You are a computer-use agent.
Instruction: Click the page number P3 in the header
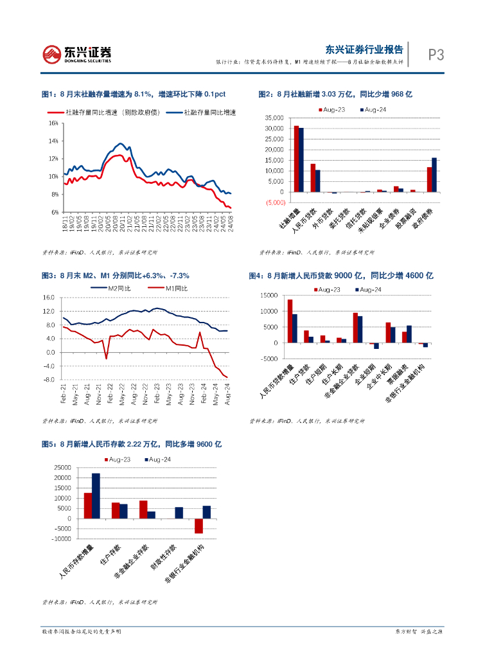coord(436,55)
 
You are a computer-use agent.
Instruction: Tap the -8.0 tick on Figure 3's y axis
coord(48,380)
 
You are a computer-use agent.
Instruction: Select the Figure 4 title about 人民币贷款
coord(341,276)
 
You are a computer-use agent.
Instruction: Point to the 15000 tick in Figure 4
coord(269,296)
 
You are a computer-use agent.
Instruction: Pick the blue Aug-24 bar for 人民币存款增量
coord(96,495)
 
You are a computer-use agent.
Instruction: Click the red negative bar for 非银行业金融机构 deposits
coord(198,526)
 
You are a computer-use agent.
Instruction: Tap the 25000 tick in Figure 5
coord(62,467)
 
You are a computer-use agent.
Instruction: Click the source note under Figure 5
coord(100,602)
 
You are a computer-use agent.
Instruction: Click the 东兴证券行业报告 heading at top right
coord(364,49)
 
